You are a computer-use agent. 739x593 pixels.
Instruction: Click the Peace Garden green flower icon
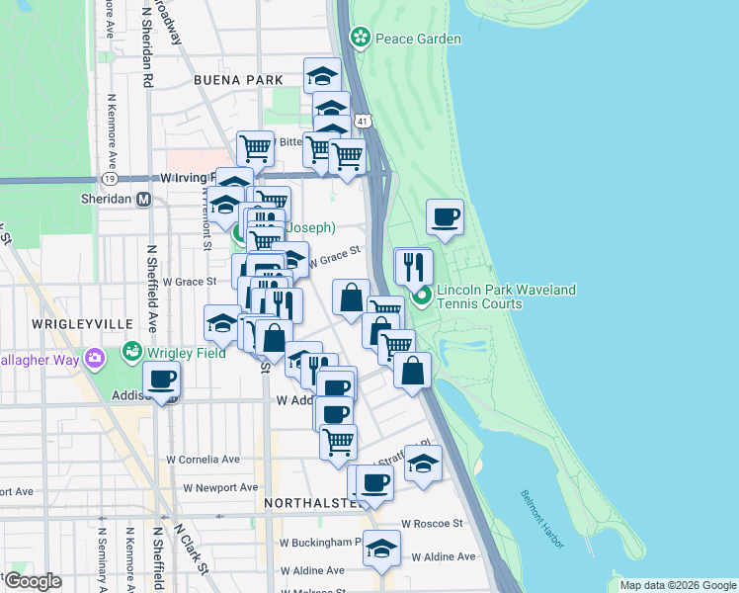point(360,39)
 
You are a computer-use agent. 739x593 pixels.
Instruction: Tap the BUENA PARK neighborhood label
point(238,80)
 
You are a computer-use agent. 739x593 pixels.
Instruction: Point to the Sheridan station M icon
point(143,199)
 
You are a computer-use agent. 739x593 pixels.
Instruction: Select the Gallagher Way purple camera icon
point(95,359)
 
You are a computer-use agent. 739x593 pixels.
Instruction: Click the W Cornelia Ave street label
point(203,460)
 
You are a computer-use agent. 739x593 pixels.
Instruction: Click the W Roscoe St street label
point(432,524)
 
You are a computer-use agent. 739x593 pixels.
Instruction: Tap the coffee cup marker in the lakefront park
point(445,216)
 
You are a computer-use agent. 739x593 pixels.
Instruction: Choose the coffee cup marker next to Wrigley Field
point(161,379)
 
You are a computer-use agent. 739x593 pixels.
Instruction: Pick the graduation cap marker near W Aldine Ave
point(381,548)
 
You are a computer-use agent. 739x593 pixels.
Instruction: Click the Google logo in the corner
point(33,581)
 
